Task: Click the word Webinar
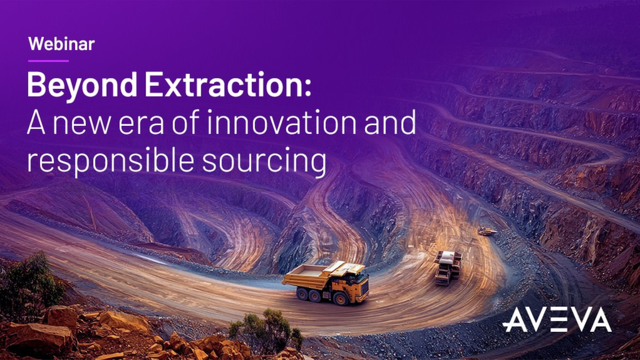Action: (61, 44)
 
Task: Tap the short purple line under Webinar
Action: (48, 61)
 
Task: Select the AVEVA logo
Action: (557, 321)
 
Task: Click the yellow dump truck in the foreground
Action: (326, 281)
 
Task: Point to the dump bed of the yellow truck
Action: (313, 274)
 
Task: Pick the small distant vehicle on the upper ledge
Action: (487, 231)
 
